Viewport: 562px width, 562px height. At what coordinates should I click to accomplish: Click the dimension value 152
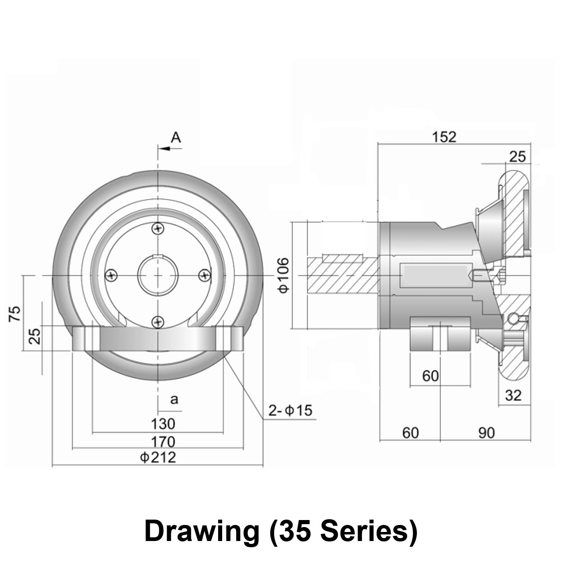pos(444,137)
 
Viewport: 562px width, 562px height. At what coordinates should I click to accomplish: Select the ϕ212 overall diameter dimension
pos(158,457)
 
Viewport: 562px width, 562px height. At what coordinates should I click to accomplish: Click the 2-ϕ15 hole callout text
pos(290,410)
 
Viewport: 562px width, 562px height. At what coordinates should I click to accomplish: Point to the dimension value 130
pos(163,424)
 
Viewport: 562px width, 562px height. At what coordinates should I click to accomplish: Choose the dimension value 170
pos(163,442)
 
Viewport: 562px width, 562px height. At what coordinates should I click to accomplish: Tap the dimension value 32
pos(513,396)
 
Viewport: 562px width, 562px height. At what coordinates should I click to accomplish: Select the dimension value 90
pos(486,433)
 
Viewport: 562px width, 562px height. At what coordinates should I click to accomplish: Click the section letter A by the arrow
pos(176,137)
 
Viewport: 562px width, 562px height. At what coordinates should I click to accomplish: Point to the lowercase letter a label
pos(174,399)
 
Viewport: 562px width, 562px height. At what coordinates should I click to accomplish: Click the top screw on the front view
pos(158,228)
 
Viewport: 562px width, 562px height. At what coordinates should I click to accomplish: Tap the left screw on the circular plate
pos(111,275)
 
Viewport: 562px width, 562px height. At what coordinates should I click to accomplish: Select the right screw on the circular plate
pos(204,275)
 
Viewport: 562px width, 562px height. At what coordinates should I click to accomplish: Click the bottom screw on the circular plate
pos(158,321)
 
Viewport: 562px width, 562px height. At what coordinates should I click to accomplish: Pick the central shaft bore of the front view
pos(158,275)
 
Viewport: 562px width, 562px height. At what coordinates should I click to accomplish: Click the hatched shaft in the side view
pos(341,275)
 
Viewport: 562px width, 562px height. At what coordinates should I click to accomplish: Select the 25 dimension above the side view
pos(517,157)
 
